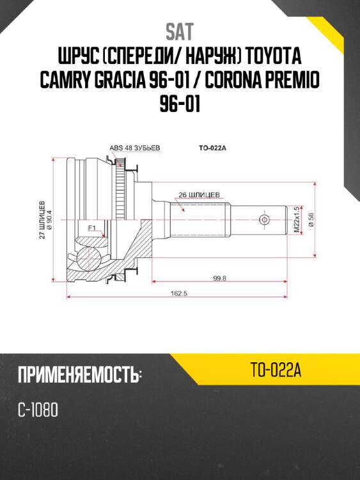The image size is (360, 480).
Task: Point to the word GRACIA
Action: point(150,80)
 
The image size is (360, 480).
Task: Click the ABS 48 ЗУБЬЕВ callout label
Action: point(135,148)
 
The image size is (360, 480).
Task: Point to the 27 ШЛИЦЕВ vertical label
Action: point(42,220)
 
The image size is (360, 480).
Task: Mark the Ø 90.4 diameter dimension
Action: point(49,220)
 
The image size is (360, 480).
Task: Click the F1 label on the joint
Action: point(91,227)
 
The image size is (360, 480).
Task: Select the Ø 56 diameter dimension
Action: point(311,220)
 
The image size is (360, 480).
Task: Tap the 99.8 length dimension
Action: point(221,276)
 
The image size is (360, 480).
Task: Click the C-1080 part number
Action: point(39,410)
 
